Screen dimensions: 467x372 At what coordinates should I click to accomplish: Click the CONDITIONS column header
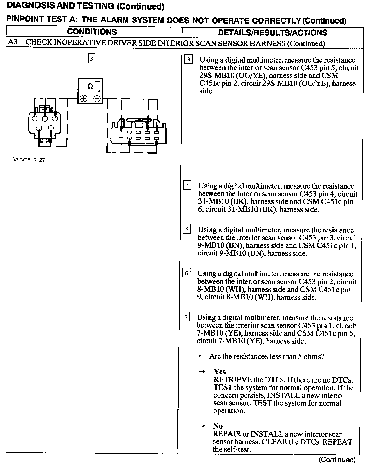pos(92,32)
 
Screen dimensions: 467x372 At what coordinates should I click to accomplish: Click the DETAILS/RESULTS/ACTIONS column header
pos(273,33)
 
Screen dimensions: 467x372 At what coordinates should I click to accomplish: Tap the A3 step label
pos(13,42)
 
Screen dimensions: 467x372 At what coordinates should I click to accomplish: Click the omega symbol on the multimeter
pos(90,86)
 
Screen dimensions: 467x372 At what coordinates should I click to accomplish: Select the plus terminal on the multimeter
pos(83,98)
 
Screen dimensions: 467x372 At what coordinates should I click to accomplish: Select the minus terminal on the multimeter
pos(97,98)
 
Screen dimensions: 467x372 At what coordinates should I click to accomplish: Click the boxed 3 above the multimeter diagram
pos(92,58)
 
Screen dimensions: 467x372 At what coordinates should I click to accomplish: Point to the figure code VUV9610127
pos(29,160)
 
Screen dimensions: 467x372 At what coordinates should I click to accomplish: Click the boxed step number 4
pos(187,185)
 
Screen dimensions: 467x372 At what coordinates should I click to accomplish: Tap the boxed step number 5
pos(187,229)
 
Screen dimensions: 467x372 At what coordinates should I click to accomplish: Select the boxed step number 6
pos(186,273)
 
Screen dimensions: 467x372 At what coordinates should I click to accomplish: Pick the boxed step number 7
pos(186,316)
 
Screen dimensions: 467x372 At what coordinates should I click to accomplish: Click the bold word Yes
pos(220,372)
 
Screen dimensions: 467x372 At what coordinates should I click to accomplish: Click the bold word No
pos(218,426)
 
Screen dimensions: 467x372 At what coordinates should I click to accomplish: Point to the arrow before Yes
pos(202,372)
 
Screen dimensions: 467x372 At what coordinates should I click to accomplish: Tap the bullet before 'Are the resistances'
pos(199,356)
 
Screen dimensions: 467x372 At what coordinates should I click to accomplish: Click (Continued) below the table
pos(337,460)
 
